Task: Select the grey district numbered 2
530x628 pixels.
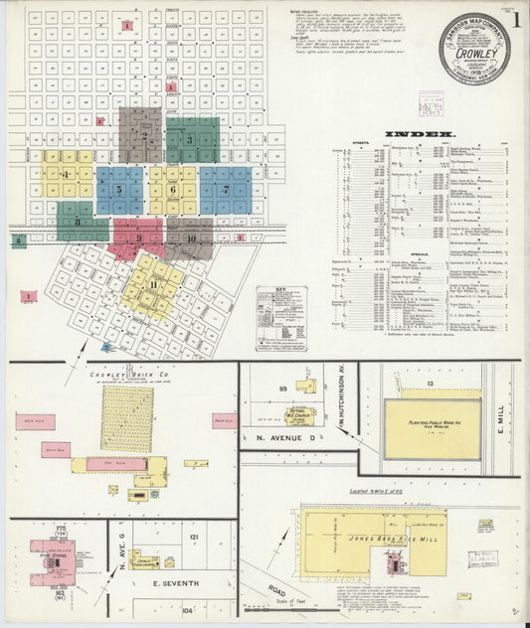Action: coord(141,135)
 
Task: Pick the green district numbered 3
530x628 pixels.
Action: coord(192,140)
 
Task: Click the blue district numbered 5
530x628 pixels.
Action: coord(119,190)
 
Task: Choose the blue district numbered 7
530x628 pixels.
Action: coord(225,189)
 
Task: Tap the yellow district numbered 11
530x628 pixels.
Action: coord(153,286)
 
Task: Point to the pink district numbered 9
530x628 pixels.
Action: coord(138,238)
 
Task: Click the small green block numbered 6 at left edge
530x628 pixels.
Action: coord(17,240)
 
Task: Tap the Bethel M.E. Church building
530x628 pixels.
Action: coord(298,415)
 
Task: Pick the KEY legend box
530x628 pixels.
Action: coord(281,318)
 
